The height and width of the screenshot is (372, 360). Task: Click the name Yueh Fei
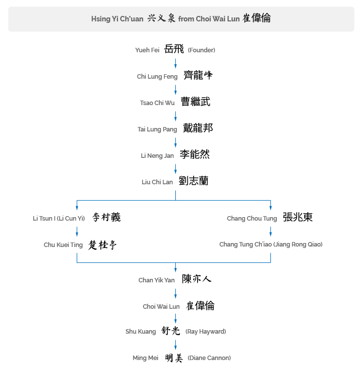click(147, 50)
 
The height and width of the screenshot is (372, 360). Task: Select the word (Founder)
click(201, 50)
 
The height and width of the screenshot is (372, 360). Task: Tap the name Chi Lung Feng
click(157, 77)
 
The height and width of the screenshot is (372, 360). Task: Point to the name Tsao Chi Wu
click(157, 103)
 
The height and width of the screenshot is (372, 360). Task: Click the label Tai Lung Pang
click(157, 129)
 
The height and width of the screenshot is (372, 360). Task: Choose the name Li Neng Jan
click(157, 156)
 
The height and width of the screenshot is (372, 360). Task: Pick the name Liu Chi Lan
click(157, 182)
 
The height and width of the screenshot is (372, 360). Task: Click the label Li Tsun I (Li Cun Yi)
click(59, 218)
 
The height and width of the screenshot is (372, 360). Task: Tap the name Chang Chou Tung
click(252, 218)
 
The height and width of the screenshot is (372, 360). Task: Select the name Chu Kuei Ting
click(63, 245)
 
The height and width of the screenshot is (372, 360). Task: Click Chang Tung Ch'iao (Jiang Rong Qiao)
click(271, 245)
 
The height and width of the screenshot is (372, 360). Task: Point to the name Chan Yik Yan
click(156, 280)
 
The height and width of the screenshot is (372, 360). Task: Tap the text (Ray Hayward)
click(206, 332)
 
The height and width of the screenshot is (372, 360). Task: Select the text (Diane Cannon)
click(209, 358)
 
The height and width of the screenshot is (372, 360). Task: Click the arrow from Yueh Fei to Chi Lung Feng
click(175, 63)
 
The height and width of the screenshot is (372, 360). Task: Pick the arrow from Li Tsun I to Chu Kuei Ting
click(77, 232)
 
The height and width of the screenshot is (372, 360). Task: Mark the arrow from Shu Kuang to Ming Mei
click(175, 345)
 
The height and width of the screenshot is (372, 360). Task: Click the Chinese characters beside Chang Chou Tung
click(298, 217)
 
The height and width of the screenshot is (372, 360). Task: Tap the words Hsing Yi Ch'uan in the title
click(117, 19)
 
